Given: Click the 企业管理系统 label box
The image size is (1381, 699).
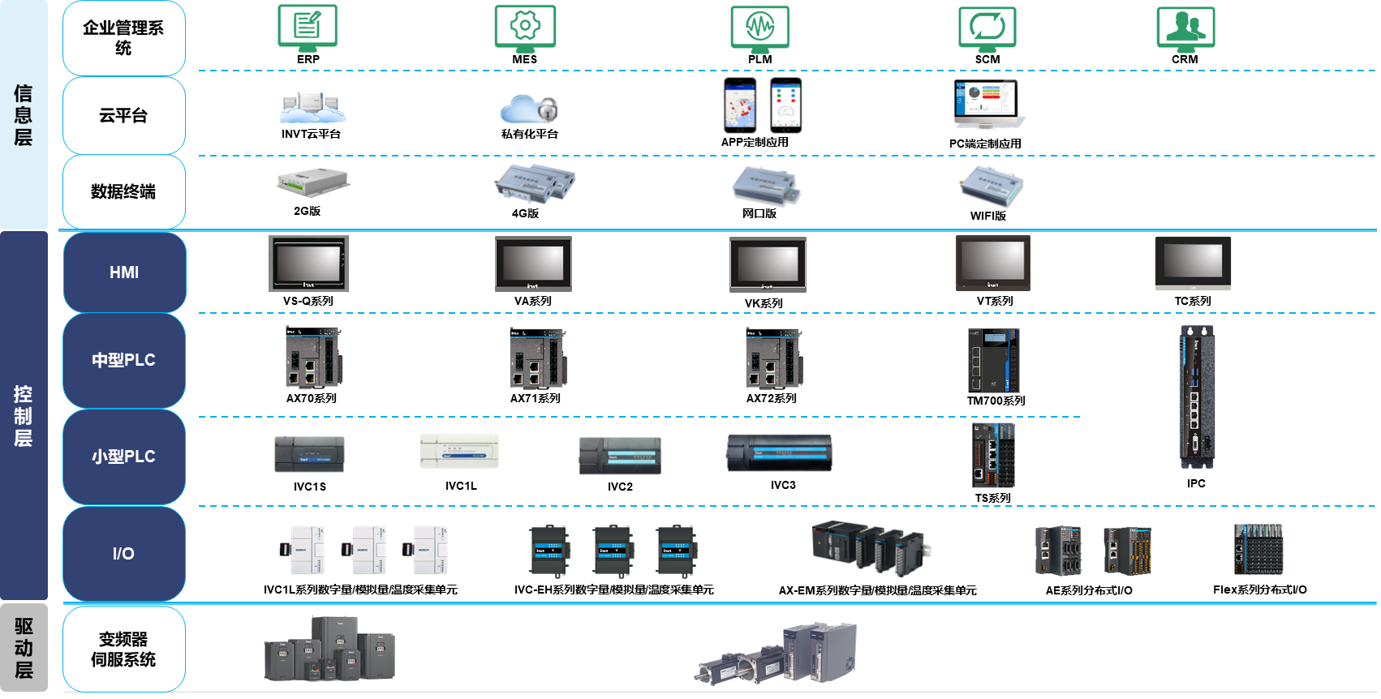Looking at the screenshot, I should pyautogui.click(x=123, y=38).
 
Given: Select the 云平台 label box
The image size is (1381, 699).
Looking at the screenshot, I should pyautogui.click(x=123, y=115).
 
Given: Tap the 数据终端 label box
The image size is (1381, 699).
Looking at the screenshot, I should pyautogui.click(x=123, y=191).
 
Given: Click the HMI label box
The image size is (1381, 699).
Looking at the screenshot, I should pyautogui.click(x=124, y=272).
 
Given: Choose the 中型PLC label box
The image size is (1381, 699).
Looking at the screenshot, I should pyautogui.click(x=123, y=360).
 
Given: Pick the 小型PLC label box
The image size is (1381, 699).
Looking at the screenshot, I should pyautogui.click(x=123, y=457).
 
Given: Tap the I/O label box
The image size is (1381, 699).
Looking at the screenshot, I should pyautogui.click(x=123, y=554).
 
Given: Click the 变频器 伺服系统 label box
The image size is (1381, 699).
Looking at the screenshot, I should pyautogui.click(x=123, y=649).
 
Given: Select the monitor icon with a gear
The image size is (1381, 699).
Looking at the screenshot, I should pyautogui.click(x=523, y=28).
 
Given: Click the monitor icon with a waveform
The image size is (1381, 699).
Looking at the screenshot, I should pyautogui.click(x=759, y=28).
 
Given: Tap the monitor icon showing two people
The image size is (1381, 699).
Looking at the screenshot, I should pyautogui.click(x=1187, y=28).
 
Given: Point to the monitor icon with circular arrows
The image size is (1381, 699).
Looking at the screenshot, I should pyautogui.click(x=987, y=28).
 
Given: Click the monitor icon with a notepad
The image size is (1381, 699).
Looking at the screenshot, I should pyautogui.click(x=308, y=28).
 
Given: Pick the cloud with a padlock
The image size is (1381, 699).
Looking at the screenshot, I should pyautogui.click(x=530, y=109).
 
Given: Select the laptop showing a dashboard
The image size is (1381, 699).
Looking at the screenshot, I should pyautogui.click(x=988, y=104).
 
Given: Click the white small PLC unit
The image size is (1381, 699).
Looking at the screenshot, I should pyautogui.click(x=459, y=451).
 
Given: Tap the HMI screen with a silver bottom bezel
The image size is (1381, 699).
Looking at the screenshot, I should pyautogui.click(x=1193, y=264).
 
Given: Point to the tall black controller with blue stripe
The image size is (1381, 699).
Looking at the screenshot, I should pyautogui.click(x=1196, y=397).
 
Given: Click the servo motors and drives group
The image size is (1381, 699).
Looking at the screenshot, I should pyautogui.click(x=777, y=654).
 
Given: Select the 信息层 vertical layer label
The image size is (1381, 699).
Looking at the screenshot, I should pyautogui.click(x=24, y=115).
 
